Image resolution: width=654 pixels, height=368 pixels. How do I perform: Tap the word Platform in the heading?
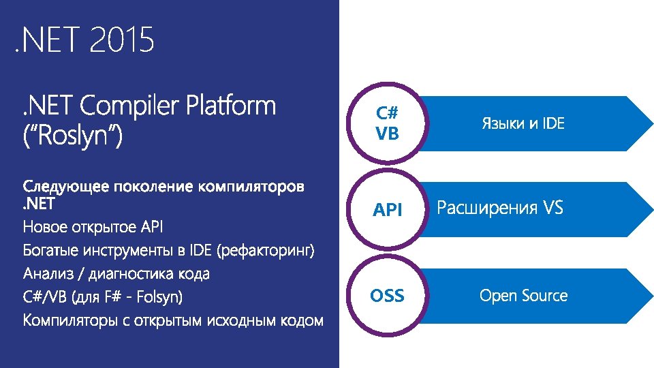click(x=232, y=106)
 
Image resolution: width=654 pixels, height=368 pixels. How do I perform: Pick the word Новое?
click(x=45, y=226)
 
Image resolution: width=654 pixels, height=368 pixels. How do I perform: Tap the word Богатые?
click(x=51, y=250)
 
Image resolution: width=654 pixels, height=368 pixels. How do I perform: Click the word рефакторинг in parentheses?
click(x=266, y=250)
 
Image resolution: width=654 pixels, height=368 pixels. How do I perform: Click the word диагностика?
click(x=137, y=274)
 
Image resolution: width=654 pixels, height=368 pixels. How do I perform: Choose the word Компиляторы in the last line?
click(x=72, y=320)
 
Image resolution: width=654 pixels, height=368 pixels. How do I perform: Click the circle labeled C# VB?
click(x=388, y=123)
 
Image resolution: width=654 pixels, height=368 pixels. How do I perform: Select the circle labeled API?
click(x=388, y=210)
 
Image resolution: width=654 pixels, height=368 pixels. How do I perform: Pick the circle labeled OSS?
click(x=388, y=296)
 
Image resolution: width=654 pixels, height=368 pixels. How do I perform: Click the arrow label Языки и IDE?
click(x=523, y=124)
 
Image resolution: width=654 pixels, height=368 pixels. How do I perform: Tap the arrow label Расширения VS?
click(x=500, y=208)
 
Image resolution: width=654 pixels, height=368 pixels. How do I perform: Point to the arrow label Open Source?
click(x=523, y=296)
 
